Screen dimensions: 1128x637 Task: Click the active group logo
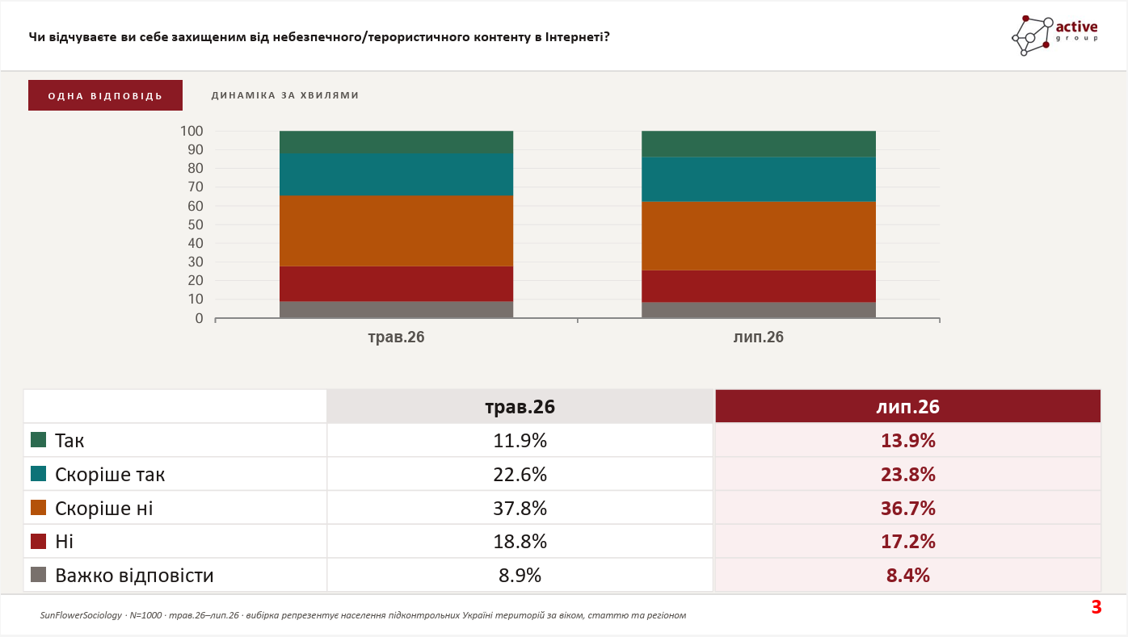(1055, 36)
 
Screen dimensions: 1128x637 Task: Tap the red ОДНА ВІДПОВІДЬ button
(105, 95)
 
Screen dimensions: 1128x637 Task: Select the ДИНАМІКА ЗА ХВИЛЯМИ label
(285, 95)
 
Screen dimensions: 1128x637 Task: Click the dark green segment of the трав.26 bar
(396, 142)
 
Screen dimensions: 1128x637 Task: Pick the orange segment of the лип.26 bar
(759, 236)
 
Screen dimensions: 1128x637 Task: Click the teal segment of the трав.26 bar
(396, 174)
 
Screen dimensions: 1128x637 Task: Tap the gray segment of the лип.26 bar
(759, 310)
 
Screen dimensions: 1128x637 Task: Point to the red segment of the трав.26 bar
(396, 283)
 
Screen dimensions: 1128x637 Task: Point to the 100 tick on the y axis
(192, 132)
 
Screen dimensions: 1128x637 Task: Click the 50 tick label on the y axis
(196, 224)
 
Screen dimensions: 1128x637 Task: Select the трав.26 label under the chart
(396, 337)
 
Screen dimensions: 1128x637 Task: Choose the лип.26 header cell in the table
(908, 406)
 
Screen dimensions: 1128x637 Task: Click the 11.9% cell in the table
(520, 440)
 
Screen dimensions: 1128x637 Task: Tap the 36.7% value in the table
(908, 508)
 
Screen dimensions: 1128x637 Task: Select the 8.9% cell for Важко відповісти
(520, 575)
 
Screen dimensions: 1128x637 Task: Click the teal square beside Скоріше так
(38, 473)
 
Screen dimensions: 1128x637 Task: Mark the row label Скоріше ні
(103, 508)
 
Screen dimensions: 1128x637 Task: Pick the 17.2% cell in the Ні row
(908, 542)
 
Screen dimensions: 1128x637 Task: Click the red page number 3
(1096, 607)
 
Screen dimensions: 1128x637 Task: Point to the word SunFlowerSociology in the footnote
(81, 615)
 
